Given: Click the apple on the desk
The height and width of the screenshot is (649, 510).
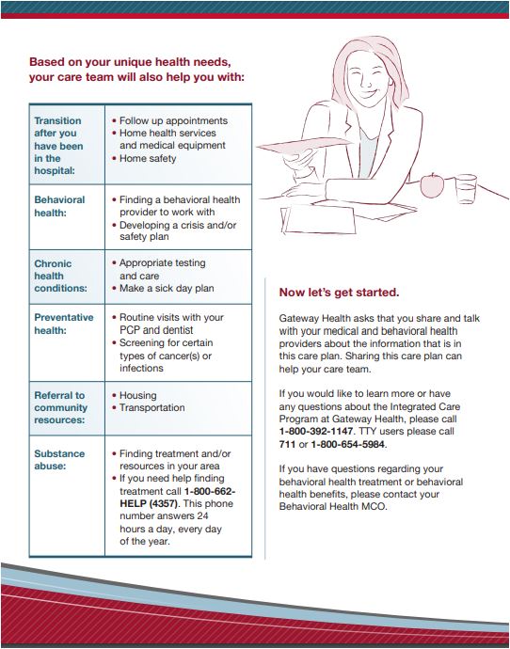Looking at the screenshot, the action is [x=432, y=185].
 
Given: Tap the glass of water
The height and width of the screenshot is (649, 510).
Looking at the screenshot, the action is [x=466, y=189].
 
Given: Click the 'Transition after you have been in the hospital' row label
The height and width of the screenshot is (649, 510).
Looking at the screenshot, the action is [x=58, y=146].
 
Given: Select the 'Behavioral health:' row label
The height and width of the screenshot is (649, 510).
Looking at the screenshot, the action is [x=59, y=206].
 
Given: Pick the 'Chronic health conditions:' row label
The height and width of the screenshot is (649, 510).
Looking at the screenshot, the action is [x=60, y=276].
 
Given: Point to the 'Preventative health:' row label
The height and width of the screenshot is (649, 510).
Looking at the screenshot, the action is [x=64, y=324].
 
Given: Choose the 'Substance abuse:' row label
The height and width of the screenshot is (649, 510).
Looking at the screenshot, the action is [x=59, y=459].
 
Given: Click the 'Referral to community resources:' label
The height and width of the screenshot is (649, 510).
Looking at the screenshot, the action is [x=61, y=407].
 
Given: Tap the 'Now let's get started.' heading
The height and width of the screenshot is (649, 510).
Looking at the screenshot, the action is [x=339, y=293].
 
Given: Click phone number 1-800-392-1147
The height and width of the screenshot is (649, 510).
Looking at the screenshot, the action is [x=316, y=432].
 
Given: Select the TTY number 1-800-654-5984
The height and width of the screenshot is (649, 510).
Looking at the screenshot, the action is [x=348, y=445].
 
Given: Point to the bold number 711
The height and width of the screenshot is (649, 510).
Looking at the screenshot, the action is [x=287, y=445].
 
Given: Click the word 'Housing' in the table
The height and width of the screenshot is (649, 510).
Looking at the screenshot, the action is [x=137, y=395].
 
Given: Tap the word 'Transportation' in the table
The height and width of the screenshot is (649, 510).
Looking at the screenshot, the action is [x=151, y=407].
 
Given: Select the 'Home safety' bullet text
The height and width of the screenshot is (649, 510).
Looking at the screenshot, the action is [x=148, y=159].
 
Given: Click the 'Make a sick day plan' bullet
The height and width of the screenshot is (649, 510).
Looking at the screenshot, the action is [x=167, y=288].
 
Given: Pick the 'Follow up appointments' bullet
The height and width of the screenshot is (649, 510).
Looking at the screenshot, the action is [x=173, y=120].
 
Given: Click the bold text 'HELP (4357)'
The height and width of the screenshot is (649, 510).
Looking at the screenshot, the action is [x=151, y=504].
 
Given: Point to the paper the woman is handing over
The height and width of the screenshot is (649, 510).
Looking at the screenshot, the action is [x=304, y=146].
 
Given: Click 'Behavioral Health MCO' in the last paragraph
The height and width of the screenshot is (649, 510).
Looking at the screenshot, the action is [x=332, y=507].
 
